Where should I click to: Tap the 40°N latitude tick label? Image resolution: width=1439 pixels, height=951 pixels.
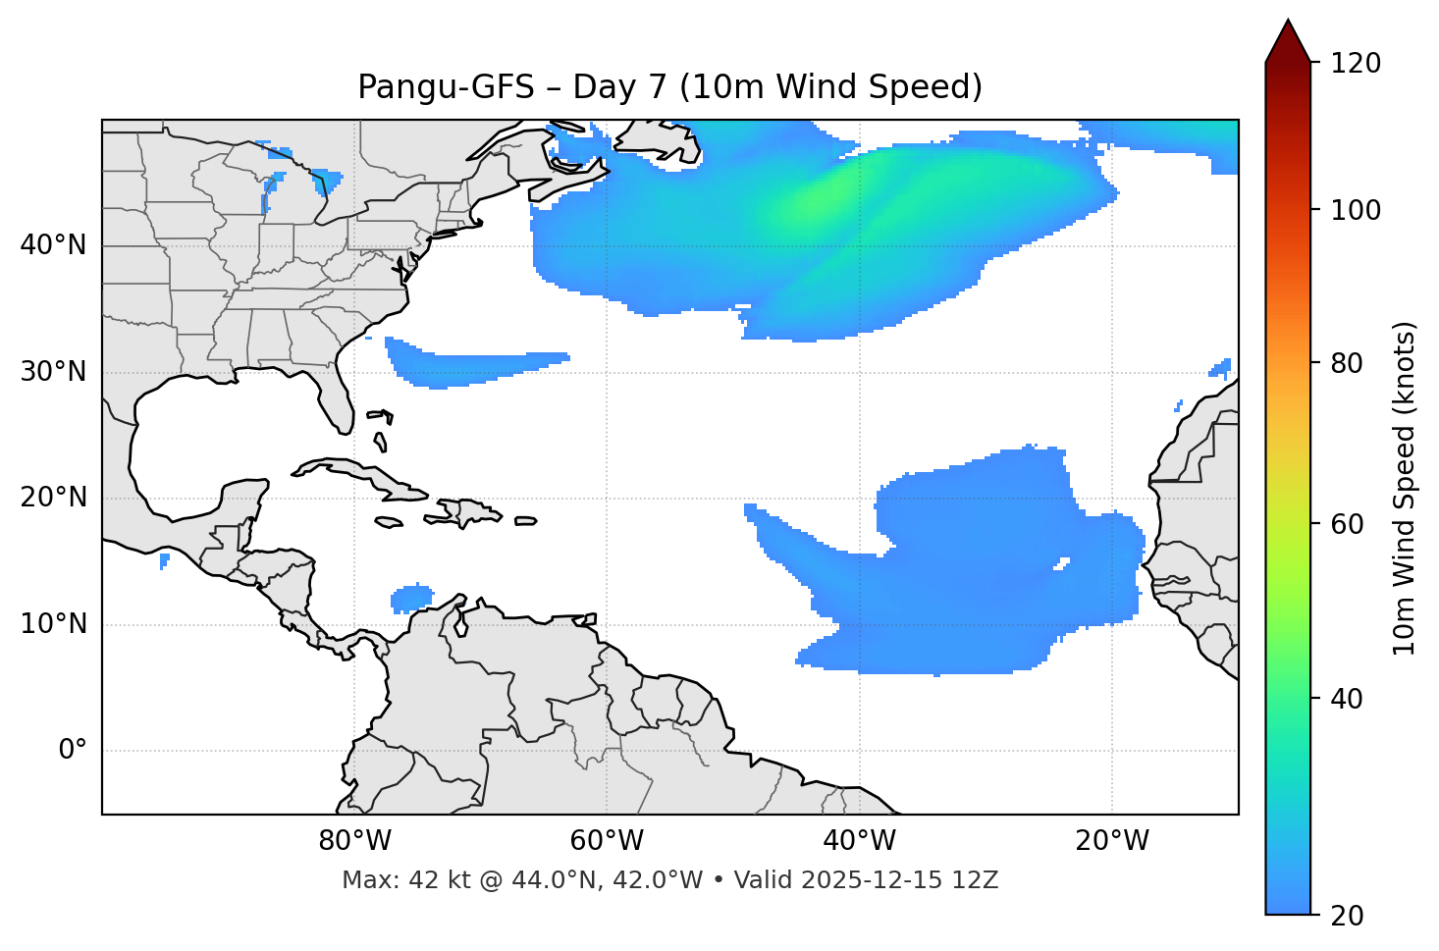(x=53, y=245)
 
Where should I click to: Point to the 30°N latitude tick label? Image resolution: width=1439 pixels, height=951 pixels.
(x=53, y=372)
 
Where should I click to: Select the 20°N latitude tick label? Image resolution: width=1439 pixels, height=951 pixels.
(x=53, y=498)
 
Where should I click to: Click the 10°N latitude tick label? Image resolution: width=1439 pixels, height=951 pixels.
(x=53, y=624)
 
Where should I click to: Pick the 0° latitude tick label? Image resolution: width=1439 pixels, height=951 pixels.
(x=73, y=751)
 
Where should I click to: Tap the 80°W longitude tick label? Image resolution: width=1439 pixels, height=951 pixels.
(x=354, y=841)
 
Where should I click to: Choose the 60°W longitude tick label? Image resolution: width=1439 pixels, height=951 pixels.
(x=607, y=841)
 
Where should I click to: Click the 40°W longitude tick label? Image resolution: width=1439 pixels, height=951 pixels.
(x=859, y=841)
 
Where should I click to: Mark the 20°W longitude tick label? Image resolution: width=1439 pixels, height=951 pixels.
(x=1111, y=841)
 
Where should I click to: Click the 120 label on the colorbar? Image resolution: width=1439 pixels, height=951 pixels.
(x=1356, y=64)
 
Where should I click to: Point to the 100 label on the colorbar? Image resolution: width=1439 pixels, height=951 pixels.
(x=1356, y=210)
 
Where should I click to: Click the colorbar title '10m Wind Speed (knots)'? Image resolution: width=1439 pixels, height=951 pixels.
(x=1405, y=488)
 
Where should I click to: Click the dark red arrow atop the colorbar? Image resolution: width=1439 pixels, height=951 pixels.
(x=1288, y=41)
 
